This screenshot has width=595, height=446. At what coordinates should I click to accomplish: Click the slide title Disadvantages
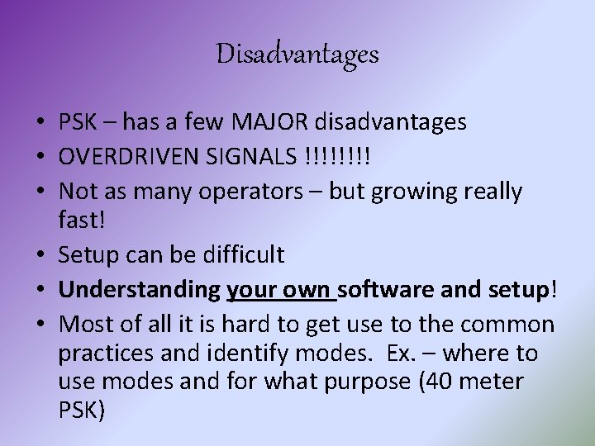click(x=297, y=55)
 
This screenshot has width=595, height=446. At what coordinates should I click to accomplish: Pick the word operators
click(x=266, y=192)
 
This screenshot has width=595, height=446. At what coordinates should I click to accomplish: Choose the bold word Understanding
click(x=139, y=291)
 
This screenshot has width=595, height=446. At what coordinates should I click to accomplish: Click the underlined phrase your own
click(x=279, y=291)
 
